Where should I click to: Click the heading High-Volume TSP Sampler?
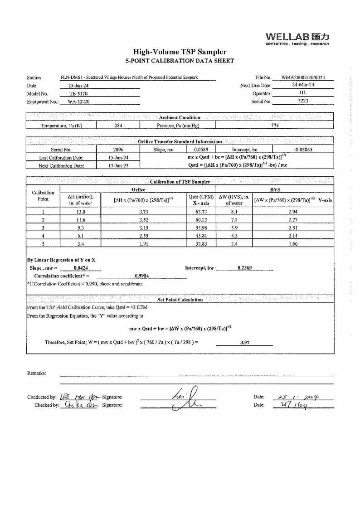[180, 52]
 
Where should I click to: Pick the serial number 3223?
[303, 101]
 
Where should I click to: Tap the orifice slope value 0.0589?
[201, 149]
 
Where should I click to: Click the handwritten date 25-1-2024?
[294, 397]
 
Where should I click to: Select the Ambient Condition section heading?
[180, 117]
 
